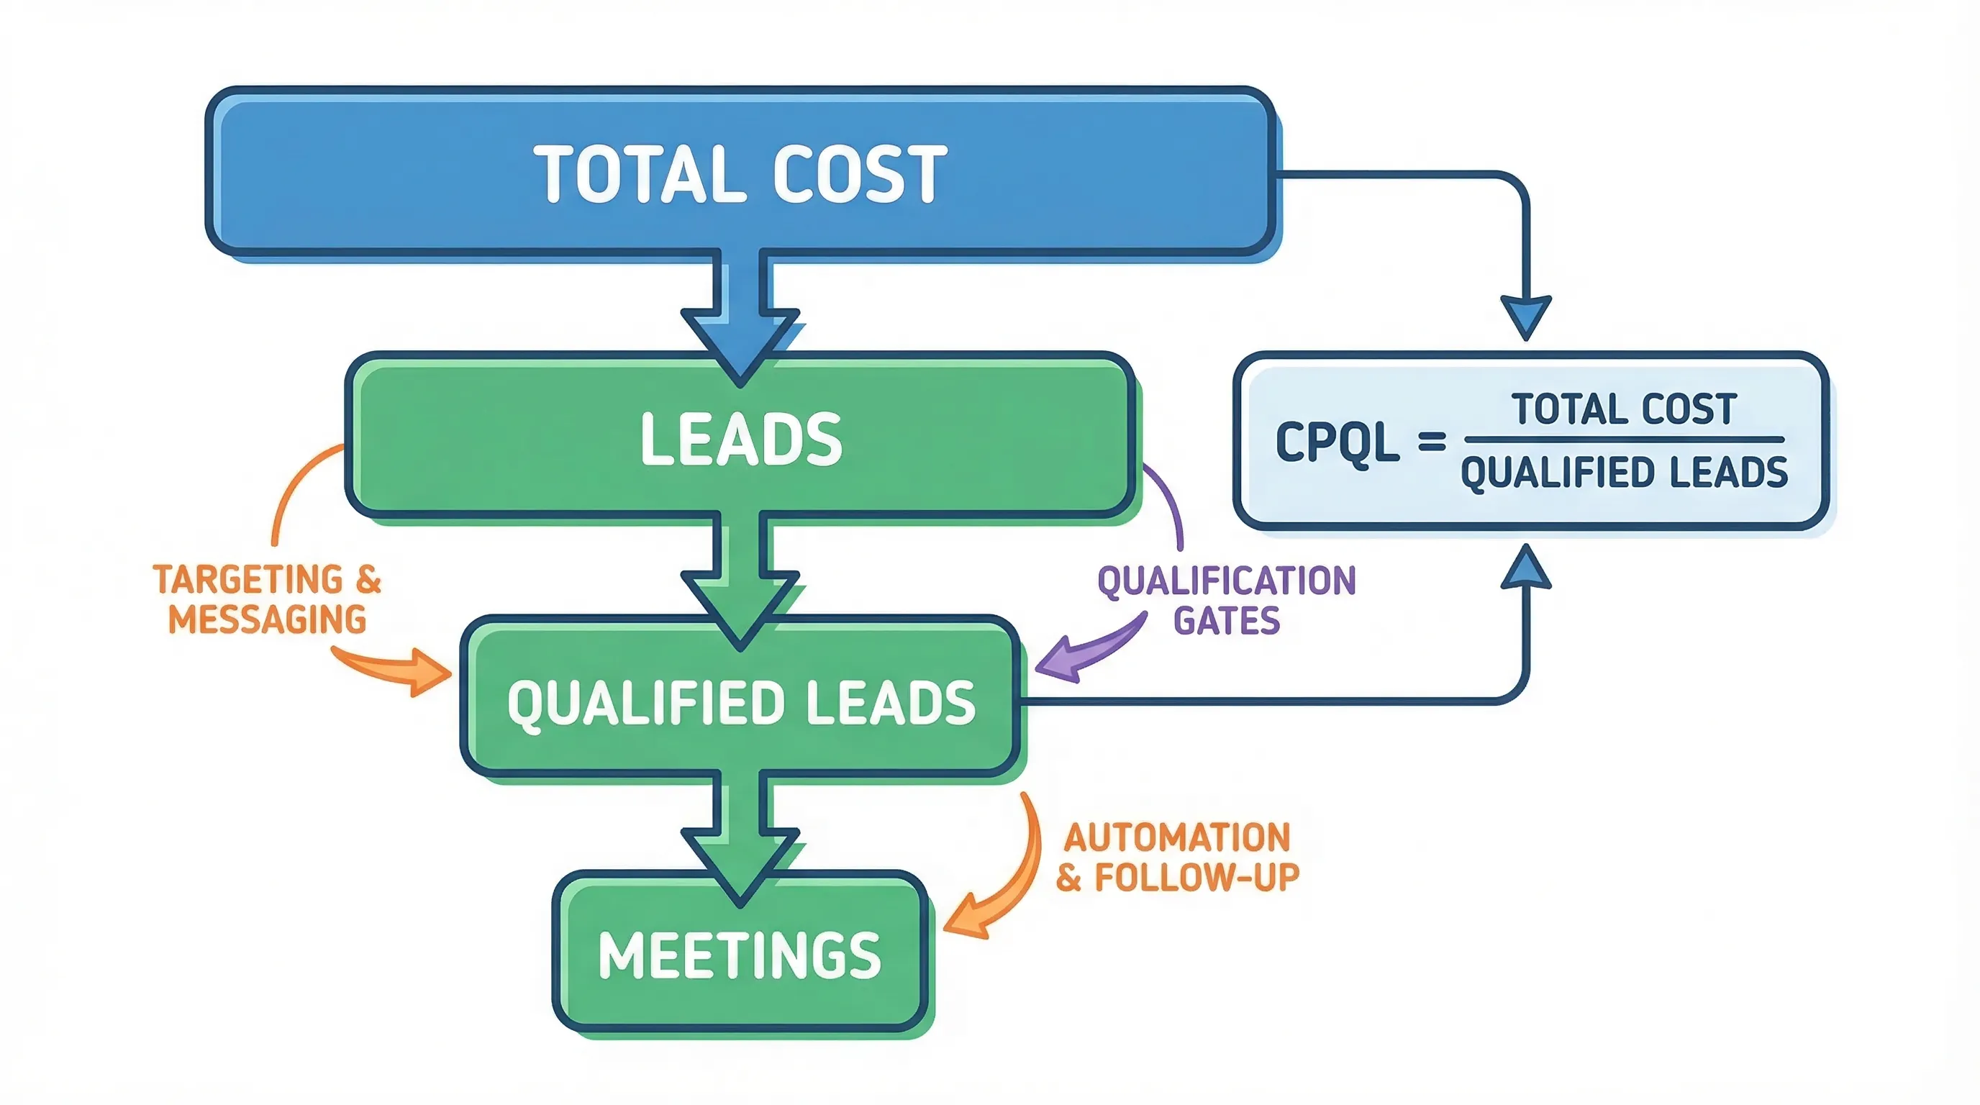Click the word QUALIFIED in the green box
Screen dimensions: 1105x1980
coord(644,703)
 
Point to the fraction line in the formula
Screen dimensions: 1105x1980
coord(1623,440)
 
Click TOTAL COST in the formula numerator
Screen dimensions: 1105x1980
coord(1623,408)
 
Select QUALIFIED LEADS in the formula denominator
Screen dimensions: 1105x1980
coord(1623,472)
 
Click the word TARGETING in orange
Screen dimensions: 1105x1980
coord(247,579)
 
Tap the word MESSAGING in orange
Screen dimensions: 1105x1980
coord(268,619)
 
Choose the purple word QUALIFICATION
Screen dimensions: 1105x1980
coord(1227,580)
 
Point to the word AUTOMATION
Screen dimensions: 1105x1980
coord(1177,837)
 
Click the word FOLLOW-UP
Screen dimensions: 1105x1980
coord(1196,877)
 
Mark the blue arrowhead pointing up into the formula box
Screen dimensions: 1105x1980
coord(1526,567)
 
